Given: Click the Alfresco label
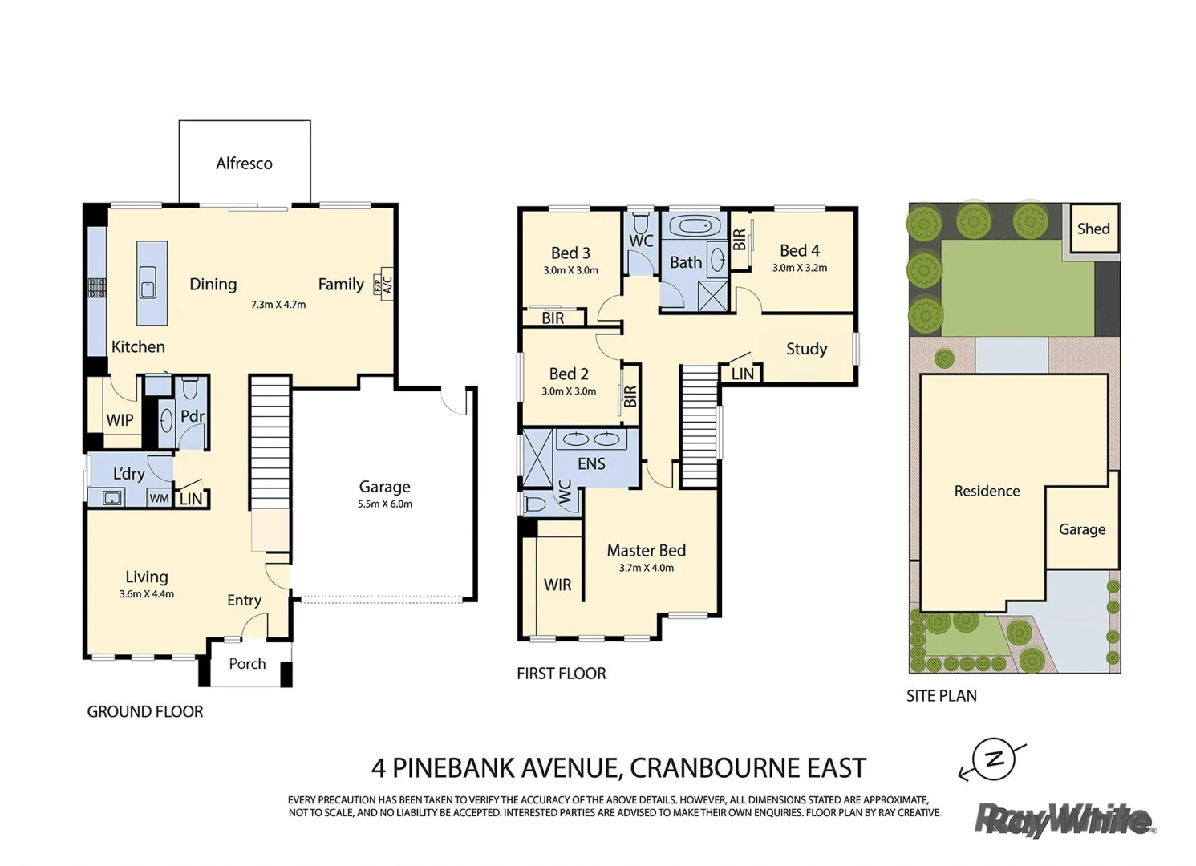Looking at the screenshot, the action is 244,164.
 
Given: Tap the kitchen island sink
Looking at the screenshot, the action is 148,283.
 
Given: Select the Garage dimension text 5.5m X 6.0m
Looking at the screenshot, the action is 385,504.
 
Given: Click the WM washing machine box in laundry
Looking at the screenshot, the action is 159,499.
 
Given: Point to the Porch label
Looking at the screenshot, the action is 247,663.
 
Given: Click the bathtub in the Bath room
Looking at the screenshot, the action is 694,226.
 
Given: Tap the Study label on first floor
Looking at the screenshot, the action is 807,349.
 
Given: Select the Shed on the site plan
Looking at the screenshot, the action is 1093,229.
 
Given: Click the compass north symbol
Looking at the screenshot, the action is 992,760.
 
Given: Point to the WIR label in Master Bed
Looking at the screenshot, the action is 557,585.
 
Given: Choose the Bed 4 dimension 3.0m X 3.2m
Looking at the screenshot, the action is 800,268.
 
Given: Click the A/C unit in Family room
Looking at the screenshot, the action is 388,284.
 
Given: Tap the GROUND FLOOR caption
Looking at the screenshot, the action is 145,711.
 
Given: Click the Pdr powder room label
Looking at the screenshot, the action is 193,415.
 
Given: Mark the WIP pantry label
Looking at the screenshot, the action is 120,420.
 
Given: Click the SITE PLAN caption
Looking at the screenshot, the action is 942,696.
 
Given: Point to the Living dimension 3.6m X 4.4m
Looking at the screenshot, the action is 147,594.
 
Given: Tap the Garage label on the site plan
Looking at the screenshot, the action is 1082,529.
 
